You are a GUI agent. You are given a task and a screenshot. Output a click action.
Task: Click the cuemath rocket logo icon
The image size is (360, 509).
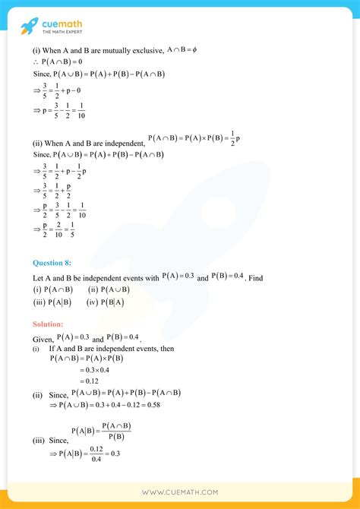click(x=31, y=25)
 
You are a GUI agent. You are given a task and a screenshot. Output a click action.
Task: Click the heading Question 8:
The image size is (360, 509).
click(x=58, y=262)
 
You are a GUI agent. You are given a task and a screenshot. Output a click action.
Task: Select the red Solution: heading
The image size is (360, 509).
click(x=53, y=324)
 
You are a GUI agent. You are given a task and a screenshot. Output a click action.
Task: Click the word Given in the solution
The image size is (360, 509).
click(x=42, y=338)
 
